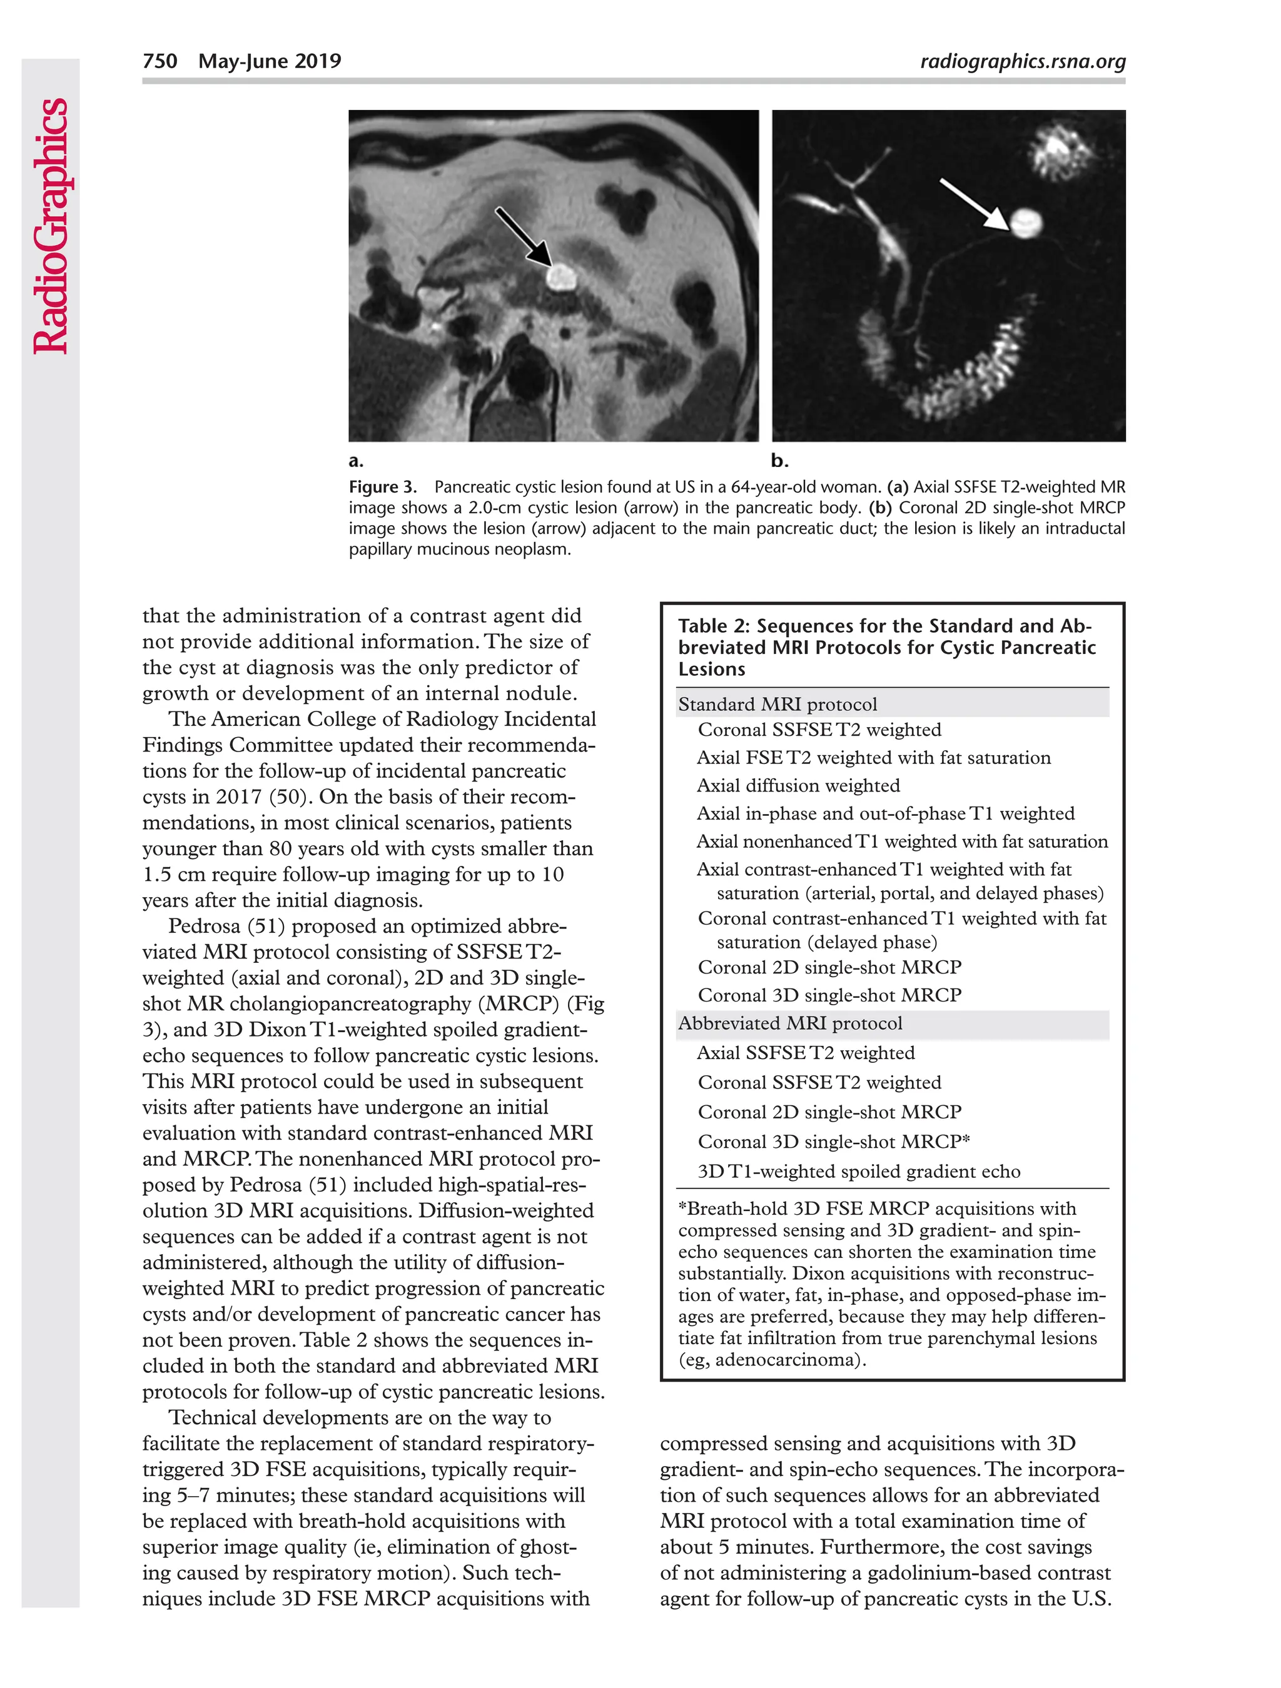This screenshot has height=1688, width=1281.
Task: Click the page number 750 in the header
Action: click(x=159, y=61)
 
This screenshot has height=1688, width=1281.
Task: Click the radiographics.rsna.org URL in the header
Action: click(x=1022, y=61)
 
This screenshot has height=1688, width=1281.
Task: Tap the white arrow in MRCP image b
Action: click(x=973, y=203)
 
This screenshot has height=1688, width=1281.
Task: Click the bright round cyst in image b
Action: click(x=1025, y=223)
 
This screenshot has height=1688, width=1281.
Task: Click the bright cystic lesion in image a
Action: click(x=561, y=276)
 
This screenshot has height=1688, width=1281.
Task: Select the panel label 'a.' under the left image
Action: click(x=356, y=461)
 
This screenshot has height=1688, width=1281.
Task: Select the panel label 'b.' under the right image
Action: click(x=779, y=461)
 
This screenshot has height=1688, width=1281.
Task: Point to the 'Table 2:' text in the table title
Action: click(x=714, y=626)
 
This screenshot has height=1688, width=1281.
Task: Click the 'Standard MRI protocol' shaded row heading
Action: click(x=777, y=703)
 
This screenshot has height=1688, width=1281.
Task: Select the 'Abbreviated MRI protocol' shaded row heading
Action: click(x=789, y=1023)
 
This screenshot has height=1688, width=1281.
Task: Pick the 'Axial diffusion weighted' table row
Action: click(x=797, y=785)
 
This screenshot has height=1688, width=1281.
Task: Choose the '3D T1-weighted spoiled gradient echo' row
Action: click(x=858, y=1172)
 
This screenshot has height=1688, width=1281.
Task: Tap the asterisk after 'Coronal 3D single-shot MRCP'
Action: click(x=966, y=1139)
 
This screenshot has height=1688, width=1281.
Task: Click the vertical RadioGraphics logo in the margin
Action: click(x=51, y=226)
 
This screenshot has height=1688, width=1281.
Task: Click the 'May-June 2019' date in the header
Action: click(x=270, y=61)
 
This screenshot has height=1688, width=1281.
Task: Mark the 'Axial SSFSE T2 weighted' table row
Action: click(x=806, y=1053)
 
